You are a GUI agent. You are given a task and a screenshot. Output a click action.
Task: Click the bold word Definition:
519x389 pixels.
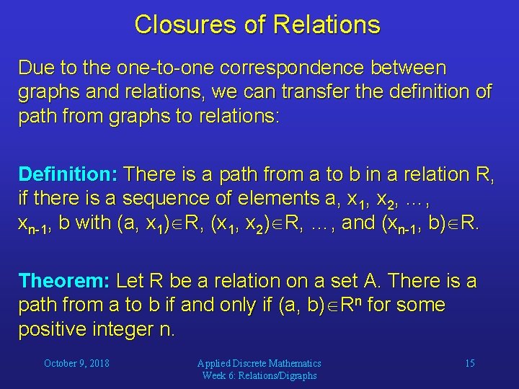[68, 174]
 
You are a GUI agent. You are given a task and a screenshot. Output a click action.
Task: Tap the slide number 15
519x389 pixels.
[469, 363]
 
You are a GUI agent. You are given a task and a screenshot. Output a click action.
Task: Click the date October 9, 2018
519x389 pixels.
[76, 363]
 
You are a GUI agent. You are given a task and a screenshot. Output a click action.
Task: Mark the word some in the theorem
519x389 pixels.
[420, 305]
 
